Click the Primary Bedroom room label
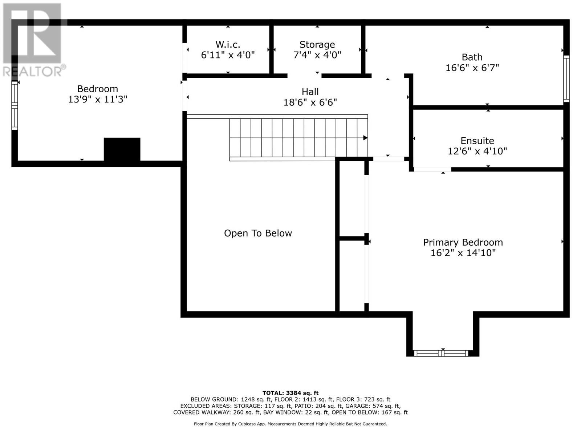pyautogui.click(x=463, y=242)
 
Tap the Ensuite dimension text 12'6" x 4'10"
pyautogui.click(x=477, y=151)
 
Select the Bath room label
pyautogui.click(x=472, y=57)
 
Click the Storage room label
pyautogui.click(x=317, y=44)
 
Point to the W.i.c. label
pyautogui.click(x=228, y=44)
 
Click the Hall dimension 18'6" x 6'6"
pyautogui.click(x=310, y=102)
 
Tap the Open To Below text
pyautogui.click(x=258, y=233)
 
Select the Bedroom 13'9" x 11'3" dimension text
pyautogui.click(x=97, y=99)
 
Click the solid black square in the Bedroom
pyautogui.click(x=122, y=149)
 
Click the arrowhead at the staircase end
pyautogui.click(x=365, y=138)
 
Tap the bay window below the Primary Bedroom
pyautogui.click(x=442, y=353)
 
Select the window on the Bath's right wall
pyautogui.click(x=566, y=78)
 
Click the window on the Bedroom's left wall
pyautogui.click(x=15, y=105)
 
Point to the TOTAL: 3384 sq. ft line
pyautogui.click(x=290, y=393)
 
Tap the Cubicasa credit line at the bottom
pyautogui.click(x=290, y=424)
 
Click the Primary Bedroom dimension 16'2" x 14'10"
pyautogui.click(x=463, y=253)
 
